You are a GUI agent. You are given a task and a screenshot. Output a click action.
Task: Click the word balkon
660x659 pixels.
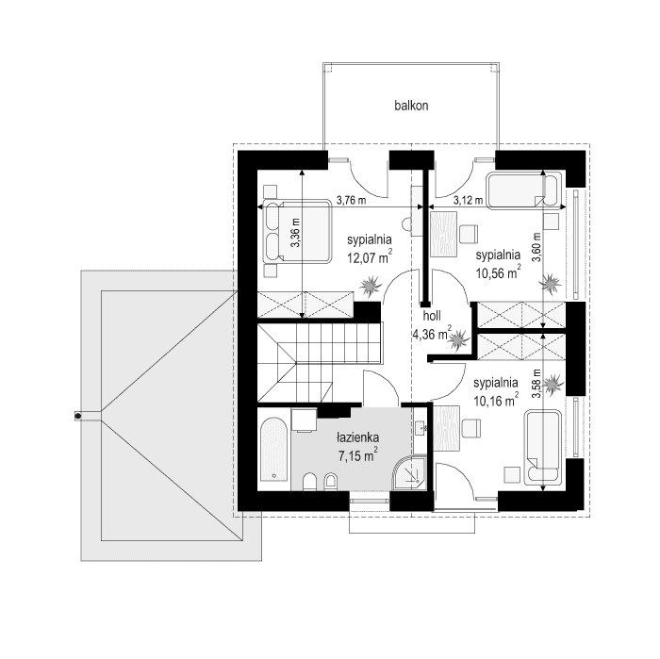[412, 107]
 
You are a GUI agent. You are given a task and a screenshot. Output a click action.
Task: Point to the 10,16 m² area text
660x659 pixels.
[496, 400]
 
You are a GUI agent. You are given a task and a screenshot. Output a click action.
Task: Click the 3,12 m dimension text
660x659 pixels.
[468, 200]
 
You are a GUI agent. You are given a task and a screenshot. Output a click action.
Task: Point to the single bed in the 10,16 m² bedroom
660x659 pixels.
[544, 450]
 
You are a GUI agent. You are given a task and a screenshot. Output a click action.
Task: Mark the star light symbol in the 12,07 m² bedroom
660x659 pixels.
[372, 285]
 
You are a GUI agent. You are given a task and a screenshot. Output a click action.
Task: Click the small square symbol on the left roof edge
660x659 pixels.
[79, 414]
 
